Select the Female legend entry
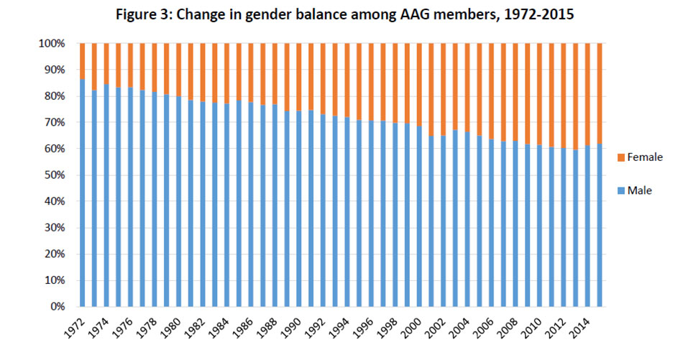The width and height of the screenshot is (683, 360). click(x=643, y=157)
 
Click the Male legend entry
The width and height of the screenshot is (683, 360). click(x=638, y=190)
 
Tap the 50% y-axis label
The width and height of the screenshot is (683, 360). click(x=56, y=175)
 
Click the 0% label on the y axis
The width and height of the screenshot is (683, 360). click(x=59, y=307)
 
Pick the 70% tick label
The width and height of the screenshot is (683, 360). click(x=56, y=123)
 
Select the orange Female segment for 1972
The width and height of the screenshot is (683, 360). click(x=83, y=61)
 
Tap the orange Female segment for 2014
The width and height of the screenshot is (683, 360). click(x=588, y=93)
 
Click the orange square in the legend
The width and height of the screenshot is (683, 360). click(x=620, y=157)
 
